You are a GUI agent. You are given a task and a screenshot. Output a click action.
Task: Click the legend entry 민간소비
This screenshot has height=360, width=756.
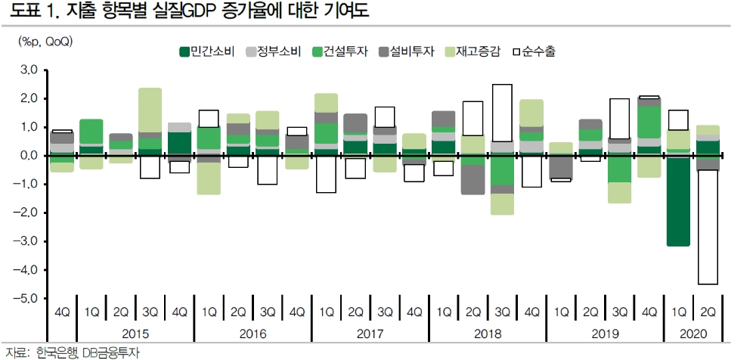click(206, 51)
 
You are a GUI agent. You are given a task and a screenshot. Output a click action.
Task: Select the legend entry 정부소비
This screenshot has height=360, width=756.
click(274, 51)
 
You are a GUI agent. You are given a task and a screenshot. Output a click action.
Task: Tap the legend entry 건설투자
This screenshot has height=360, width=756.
click(340, 51)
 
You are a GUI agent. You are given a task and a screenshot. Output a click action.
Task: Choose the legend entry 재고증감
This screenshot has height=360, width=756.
click(472, 51)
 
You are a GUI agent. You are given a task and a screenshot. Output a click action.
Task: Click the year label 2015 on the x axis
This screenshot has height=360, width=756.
click(135, 334)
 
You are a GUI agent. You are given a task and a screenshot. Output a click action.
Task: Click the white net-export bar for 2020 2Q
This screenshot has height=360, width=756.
click(708, 227)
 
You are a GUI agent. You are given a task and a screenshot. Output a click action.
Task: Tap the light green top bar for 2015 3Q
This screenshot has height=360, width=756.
click(150, 110)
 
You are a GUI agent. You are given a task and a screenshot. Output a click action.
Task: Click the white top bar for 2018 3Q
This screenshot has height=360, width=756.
click(502, 113)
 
